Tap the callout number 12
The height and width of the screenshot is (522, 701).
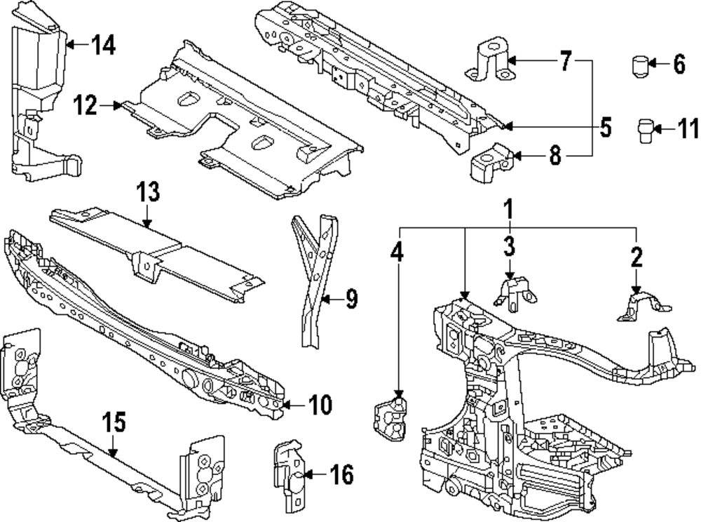click(86, 106)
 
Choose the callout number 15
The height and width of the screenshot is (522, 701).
click(114, 422)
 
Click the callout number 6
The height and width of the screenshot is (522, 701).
click(679, 65)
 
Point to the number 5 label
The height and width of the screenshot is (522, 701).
click(605, 127)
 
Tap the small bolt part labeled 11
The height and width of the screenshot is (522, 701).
click(645, 130)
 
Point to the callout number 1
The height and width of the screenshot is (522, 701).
click(510, 209)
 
